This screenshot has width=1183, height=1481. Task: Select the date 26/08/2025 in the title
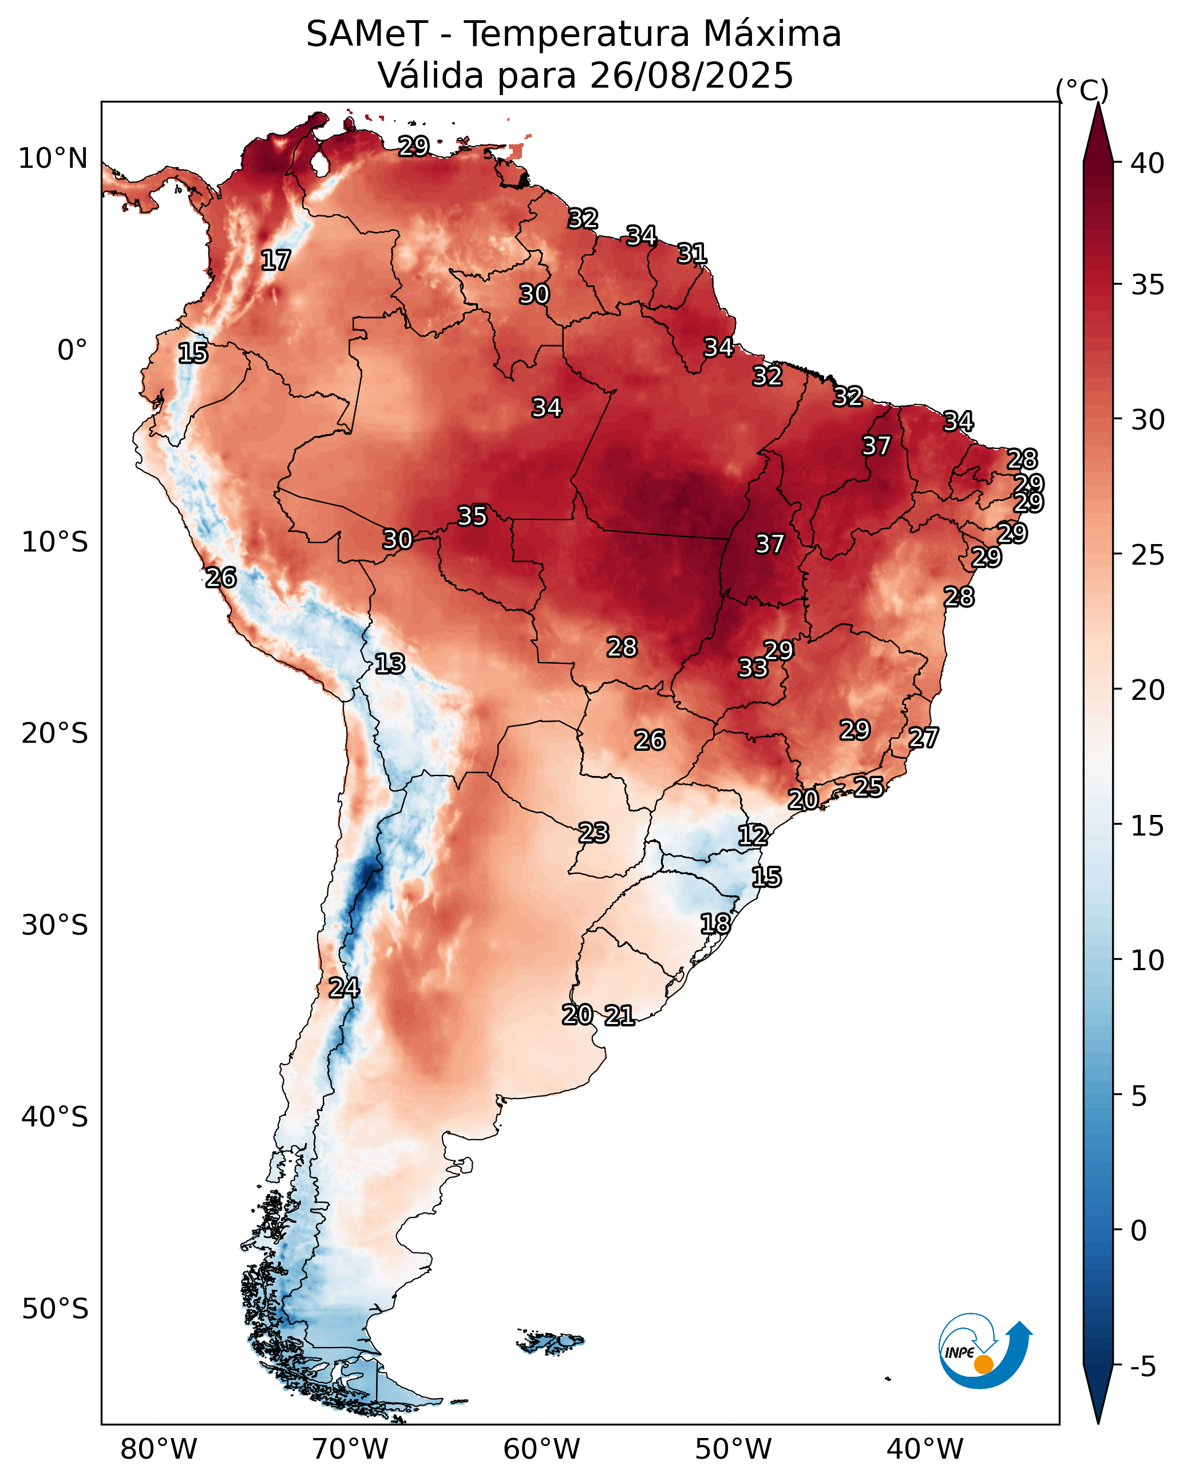point(691,75)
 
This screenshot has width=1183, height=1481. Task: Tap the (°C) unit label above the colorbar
point(1081,90)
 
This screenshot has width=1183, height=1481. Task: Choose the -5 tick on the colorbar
point(1142,1367)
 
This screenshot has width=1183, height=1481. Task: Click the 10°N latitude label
point(53,159)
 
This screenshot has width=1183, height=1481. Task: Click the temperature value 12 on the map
point(753,836)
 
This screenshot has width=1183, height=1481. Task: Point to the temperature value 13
point(389,664)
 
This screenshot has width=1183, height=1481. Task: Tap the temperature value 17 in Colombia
point(275,261)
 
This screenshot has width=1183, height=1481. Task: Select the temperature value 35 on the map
point(472,516)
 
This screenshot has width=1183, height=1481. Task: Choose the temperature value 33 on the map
point(753,668)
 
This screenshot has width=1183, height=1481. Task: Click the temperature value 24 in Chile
point(343,988)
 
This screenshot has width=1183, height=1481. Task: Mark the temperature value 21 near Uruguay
point(619,1015)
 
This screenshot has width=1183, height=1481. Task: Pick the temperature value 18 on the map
point(715,923)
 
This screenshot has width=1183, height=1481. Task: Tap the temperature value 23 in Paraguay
point(593,833)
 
